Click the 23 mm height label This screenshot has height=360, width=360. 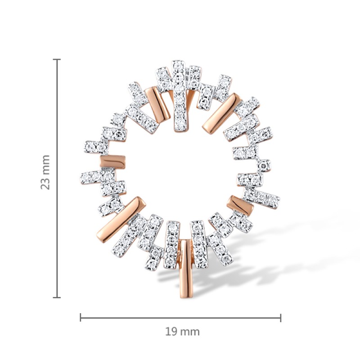click(45, 172)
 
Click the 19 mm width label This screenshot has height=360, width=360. click(182, 332)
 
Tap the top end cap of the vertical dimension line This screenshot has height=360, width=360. click(57, 59)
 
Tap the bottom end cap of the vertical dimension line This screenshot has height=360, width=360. click(57, 297)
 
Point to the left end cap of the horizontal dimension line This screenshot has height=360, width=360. click(81, 318)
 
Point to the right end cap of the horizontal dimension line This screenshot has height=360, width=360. click(280, 318)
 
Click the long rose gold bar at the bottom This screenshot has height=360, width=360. click(186, 269)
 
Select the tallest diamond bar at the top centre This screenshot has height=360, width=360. click(179, 96)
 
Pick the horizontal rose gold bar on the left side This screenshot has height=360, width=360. click(113, 162)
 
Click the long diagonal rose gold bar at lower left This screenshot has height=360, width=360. click(121, 218)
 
